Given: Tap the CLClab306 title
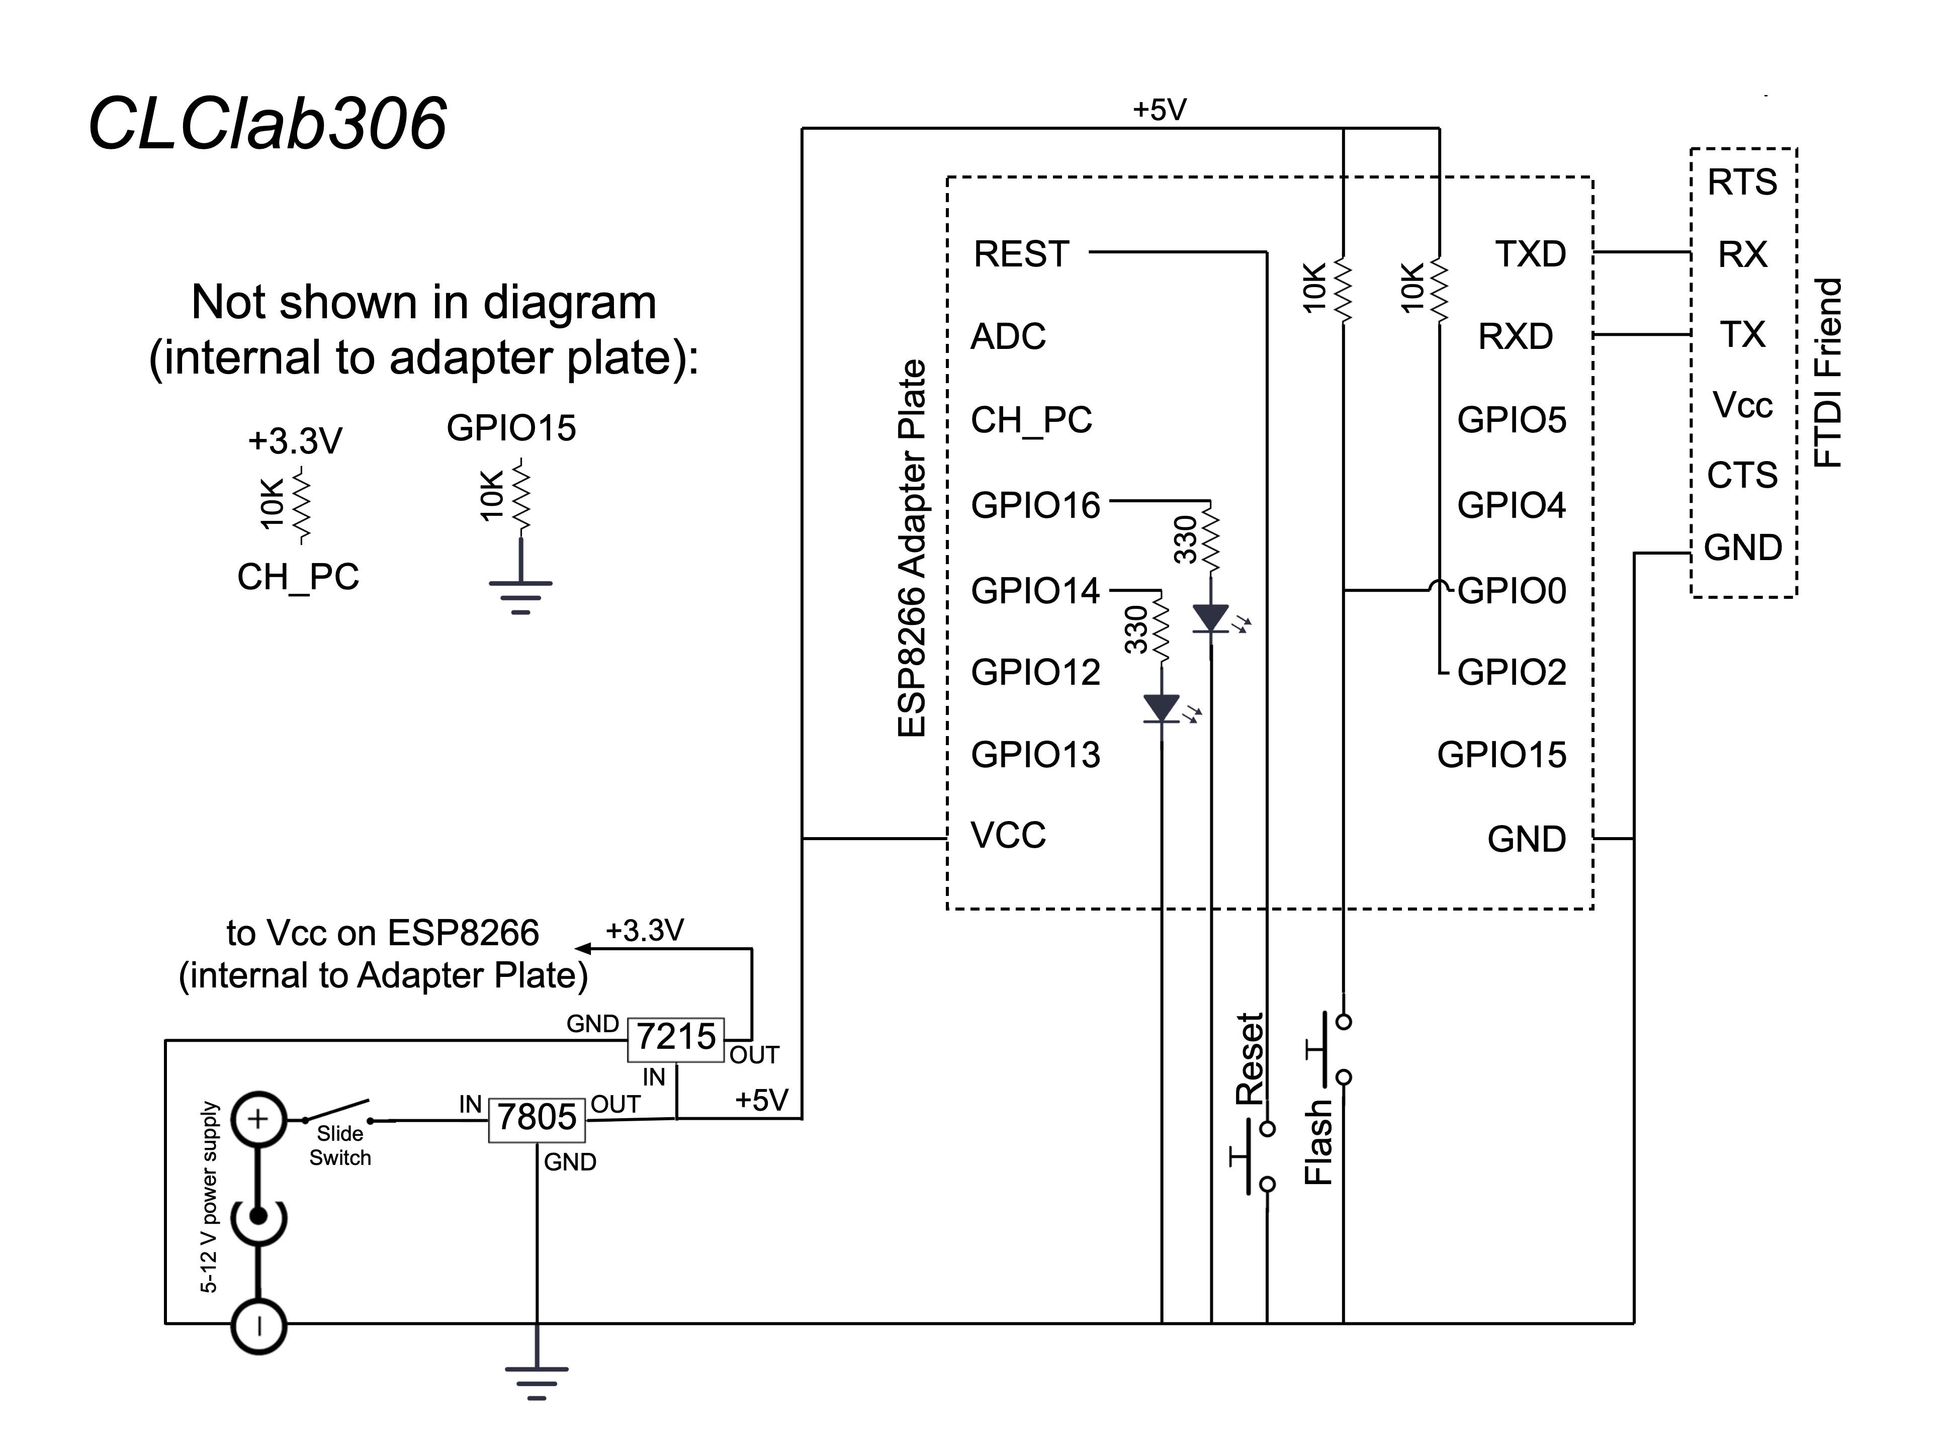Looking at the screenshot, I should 268,125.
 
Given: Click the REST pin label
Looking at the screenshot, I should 1021,254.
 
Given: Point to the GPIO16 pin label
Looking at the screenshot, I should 1035,506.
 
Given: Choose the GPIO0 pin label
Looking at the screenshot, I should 1511,591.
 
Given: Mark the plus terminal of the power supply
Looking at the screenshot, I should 258,1119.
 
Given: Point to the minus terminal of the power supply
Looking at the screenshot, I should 258,1326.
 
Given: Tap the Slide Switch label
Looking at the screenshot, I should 340,1146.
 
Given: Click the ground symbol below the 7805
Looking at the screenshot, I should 537,1381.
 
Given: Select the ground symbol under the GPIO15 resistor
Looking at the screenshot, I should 520,596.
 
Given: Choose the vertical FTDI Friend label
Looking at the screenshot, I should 1828,373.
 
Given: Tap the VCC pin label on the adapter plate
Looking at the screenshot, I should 1008,835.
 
